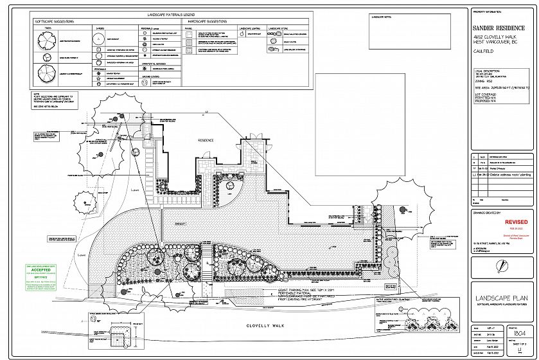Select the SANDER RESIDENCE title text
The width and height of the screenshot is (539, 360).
[500, 28]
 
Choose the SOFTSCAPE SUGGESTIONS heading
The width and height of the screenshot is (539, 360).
[55, 22]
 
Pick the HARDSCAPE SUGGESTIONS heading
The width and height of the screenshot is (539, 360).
[208, 22]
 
